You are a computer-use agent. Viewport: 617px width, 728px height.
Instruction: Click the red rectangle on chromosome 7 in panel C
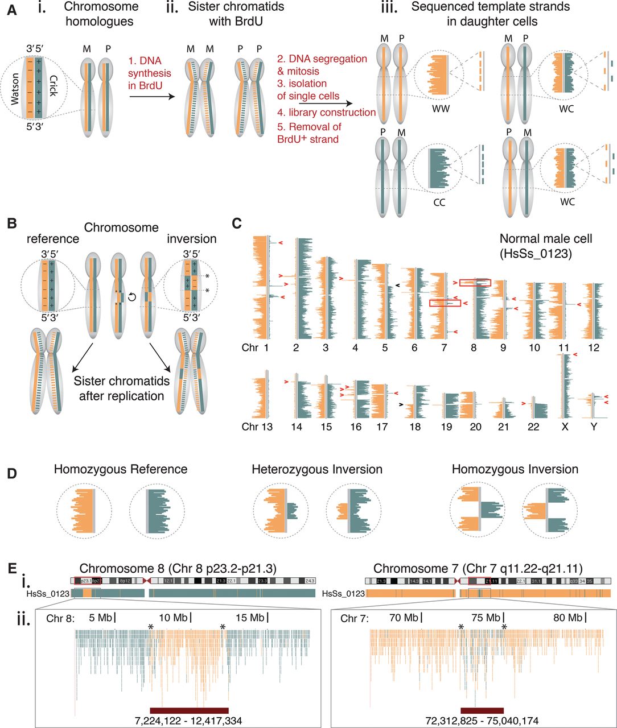click(x=445, y=303)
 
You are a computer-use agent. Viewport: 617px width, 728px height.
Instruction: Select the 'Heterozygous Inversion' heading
click(x=317, y=469)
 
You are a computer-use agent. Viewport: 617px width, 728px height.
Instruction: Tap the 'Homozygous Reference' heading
click(x=121, y=469)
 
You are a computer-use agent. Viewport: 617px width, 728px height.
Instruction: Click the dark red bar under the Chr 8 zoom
click(x=189, y=710)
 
